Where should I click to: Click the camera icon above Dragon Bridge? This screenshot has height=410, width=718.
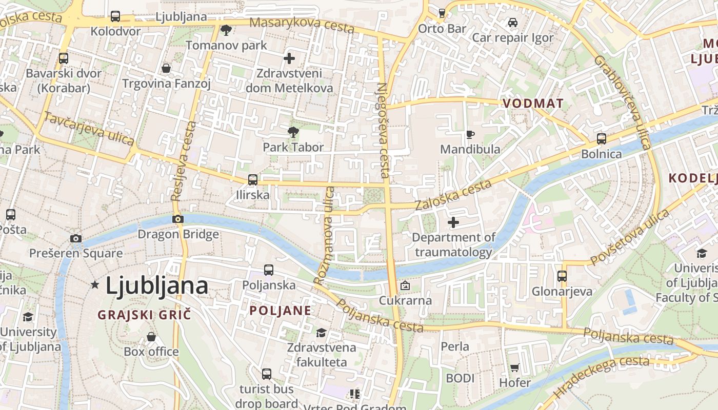[x=178, y=219]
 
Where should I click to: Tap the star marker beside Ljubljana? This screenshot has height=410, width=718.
[x=95, y=284]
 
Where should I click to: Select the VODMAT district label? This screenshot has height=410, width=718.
[x=533, y=103]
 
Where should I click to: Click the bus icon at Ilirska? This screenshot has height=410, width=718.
[x=252, y=180]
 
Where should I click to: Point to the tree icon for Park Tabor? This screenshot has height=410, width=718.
[x=293, y=132]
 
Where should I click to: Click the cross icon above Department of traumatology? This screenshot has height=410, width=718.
[x=453, y=222]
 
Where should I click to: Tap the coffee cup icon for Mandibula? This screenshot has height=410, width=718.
[x=470, y=134]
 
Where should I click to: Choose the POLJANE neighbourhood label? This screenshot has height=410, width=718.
[x=280, y=310]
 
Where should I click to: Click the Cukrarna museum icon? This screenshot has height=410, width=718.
[x=405, y=285]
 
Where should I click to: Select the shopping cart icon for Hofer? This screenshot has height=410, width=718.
[x=515, y=367]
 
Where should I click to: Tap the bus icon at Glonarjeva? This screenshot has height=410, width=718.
[x=562, y=276]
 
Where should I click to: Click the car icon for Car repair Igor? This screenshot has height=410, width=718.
[x=512, y=23]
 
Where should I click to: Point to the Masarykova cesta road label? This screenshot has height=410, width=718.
[x=302, y=24]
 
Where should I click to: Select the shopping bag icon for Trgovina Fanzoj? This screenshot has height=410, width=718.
[x=166, y=68]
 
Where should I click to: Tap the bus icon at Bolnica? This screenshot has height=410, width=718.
[x=602, y=139]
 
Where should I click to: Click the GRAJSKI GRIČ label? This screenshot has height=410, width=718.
[x=144, y=315]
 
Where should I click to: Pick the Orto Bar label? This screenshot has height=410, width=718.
[x=442, y=28]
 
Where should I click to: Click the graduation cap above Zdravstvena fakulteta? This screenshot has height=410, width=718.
[x=321, y=333]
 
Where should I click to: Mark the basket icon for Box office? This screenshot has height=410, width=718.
[x=151, y=337]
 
